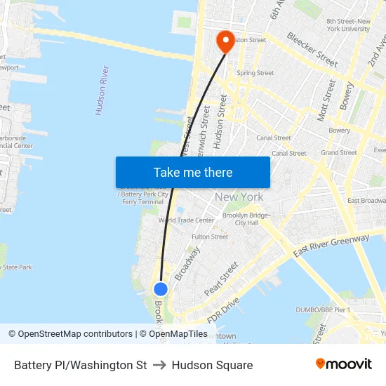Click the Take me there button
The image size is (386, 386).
click(x=192, y=172)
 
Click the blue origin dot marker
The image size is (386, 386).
click(x=161, y=288)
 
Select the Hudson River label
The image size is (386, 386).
click(x=102, y=91)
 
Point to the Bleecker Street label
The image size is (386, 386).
click(x=312, y=49)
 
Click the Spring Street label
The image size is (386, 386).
click(x=255, y=73)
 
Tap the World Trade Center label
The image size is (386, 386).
click(x=186, y=220)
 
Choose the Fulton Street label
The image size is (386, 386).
click(x=210, y=237)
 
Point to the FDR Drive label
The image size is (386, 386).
click(x=224, y=302)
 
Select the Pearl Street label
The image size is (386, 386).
click(x=221, y=279)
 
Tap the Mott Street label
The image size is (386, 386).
click(x=326, y=100)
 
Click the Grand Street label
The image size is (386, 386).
click(x=338, y=152)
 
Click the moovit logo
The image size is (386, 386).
click(x=343, y=364)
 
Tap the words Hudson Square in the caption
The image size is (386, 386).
click(x=212, y=365)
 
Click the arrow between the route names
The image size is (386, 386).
click(x=159, y=365)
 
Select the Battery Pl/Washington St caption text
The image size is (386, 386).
click(x=80, y=365)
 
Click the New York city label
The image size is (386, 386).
click(x=239, y=197)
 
